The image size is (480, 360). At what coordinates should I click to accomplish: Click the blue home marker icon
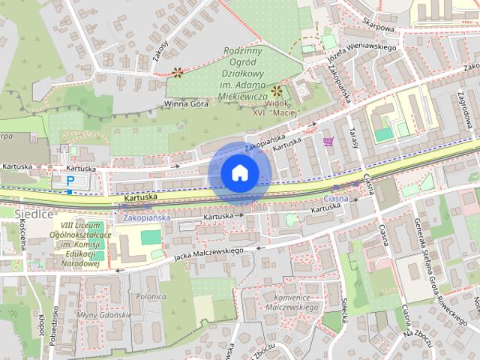(x=238, y=173)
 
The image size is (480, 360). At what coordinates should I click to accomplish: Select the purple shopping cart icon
(x=327, y=140)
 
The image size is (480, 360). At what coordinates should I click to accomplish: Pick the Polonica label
(x=151, y=296)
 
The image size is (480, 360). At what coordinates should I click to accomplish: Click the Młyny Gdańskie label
(x=104, y=315)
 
